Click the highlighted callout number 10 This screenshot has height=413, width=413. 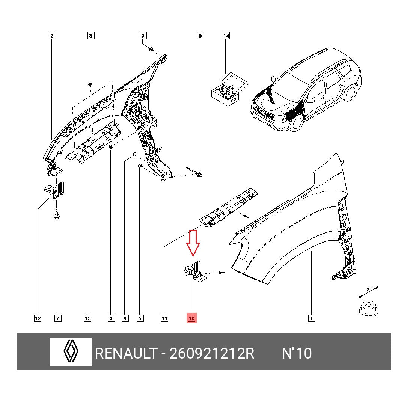click(x=191, y=318)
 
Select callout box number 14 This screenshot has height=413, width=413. click(x=226, y=36)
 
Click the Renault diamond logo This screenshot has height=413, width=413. click(x=71, y=352)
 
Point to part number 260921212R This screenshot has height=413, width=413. click(x=212, y=353)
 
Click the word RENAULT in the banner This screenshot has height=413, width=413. click(x=126, y=353)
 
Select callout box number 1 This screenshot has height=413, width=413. click(x=311, y=318)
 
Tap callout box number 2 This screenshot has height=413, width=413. click(x=52, y=36)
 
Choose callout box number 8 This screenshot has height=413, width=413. click(x=90, y=36)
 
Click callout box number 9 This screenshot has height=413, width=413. click(x=200, y=36)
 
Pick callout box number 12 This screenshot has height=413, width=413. click(x=38, y=318)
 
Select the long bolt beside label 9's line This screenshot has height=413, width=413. click(x=194, y=172)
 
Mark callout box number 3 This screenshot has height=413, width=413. click(x=143, y=36)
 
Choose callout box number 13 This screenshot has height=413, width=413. click(x=87, y=318)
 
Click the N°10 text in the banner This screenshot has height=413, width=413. click(x=297, y=353)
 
